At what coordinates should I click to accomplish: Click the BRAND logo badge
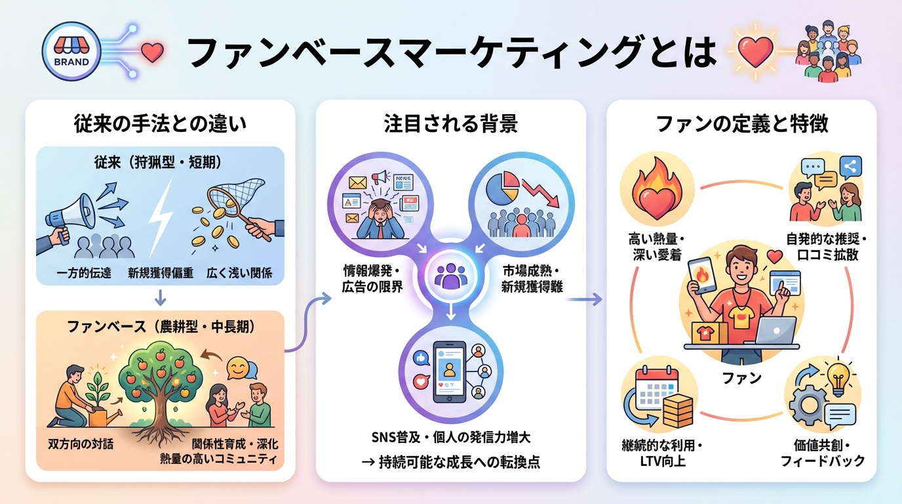point(69,53)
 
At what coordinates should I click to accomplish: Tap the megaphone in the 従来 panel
point(70,211)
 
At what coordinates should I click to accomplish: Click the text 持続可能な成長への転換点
point(459,462)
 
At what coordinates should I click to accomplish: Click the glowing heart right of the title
point(754,52)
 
